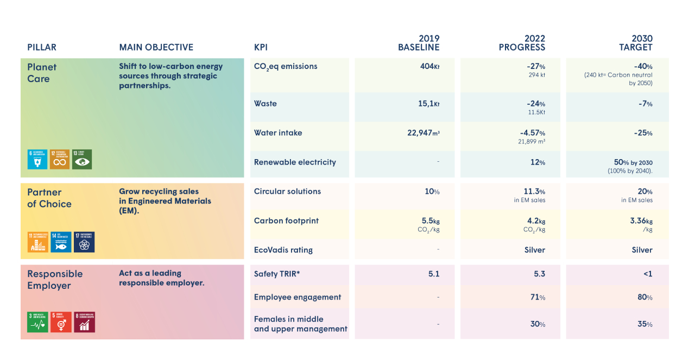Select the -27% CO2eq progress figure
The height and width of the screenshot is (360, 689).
click(x=536, y=66)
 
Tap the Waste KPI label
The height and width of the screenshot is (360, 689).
click(x=266, y=104)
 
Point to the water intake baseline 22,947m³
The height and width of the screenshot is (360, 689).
click(x=423, y=133)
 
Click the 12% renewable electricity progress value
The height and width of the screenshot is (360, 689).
click(x=539, y=162)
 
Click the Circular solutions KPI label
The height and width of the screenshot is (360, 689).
click(x=287, y=192)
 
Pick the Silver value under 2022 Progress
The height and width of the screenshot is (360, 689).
click(x=535, y=250)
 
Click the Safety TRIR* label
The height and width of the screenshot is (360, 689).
click(x=277, y=274)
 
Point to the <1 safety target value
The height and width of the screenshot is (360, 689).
click(x=648, y=274)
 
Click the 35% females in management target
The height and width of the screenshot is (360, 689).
click(x=645, y=324)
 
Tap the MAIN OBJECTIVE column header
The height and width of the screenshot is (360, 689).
click(x=156, y=48)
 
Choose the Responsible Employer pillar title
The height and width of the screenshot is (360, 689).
click(x=55, y=280)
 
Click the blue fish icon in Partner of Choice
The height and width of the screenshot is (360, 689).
click(x=61, y=242)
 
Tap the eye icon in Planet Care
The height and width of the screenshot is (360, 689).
click(x=82, y=160)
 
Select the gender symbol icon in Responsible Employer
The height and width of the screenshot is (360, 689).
click(x=61, y=323)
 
